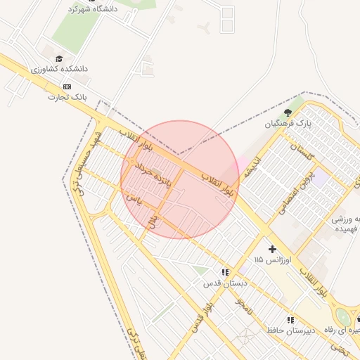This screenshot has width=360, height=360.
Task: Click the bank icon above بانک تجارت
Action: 67,86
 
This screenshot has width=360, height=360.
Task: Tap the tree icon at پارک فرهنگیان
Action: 287,112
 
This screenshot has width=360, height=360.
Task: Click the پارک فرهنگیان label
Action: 288,124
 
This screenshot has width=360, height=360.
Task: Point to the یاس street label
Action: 134,200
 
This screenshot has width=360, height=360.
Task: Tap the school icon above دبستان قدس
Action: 225,272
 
